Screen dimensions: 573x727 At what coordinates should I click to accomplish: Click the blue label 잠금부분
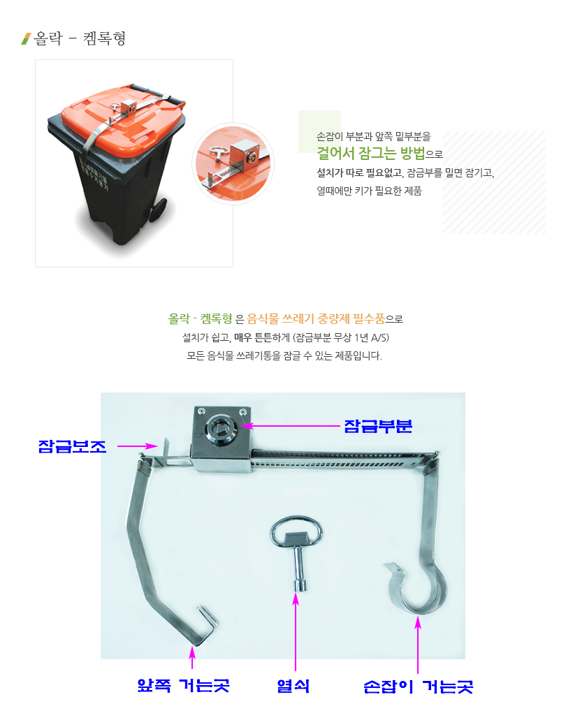pyautogui.click(x=377, y=426)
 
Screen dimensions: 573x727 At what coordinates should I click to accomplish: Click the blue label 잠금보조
pyautogui.click(x=73, y=446)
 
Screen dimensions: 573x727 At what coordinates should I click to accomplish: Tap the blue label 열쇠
pyautogui.click(x=293, y=686)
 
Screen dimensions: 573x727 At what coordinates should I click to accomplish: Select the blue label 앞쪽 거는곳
pyautogui.click(x=183, y=685)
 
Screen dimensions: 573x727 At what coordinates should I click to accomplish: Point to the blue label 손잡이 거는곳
pyautogui.click(x=418, y=686)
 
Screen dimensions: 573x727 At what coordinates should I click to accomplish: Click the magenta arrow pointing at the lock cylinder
pyautogui.click(x=291, y=425)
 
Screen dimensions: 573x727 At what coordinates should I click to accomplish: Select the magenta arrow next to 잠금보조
pyautogui.click(x=138, y=446)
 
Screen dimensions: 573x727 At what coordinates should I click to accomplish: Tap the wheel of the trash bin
pyautogui.click(x=158, y=210)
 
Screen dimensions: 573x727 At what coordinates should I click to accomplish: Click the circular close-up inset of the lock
pyautogui.click(x=233, y=163)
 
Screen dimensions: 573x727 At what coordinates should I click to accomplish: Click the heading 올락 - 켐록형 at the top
pyautogui.click(x=80, y=38)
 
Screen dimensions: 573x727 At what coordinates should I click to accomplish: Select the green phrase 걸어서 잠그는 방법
pyautogui.click(x=371, y=152)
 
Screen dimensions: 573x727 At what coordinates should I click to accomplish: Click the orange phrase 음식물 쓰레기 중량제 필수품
pyautogui.click(x=316, y=318)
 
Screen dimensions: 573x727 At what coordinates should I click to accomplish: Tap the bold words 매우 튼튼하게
pyautogui.click(x=261, y=337)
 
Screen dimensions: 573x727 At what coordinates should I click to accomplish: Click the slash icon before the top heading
pyautogui.click(x=26, y=39)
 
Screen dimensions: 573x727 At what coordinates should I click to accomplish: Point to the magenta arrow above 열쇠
pyautogui.click(x=296, y=631)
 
